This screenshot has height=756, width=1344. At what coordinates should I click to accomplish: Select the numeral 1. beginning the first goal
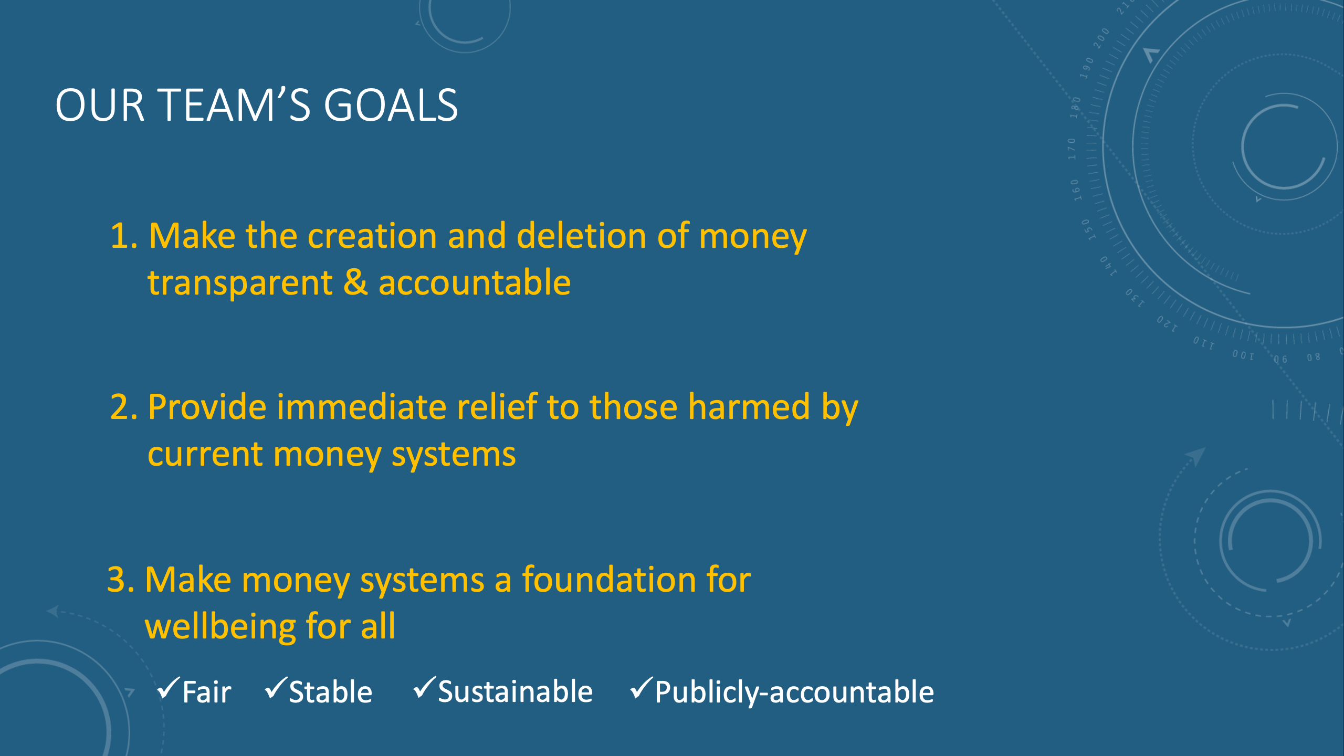tap(124, 236)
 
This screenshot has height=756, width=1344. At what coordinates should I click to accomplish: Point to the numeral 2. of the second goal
tap(124, 407)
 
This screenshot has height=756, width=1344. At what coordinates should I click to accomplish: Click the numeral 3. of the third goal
tap(121, 580)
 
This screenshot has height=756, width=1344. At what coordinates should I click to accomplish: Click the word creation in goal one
tap(372, 236)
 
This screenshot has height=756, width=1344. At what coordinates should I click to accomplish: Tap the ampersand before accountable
tap(355, 282)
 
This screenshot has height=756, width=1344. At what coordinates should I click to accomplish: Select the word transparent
tap(240, 284)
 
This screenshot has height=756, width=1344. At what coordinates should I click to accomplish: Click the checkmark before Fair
tap(169, 688)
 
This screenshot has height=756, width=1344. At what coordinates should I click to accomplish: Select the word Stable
tap(331, 692)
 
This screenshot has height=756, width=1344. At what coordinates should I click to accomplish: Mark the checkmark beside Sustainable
tap(425, 688)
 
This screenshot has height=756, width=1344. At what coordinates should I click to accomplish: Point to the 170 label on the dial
tap(1072, 149)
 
